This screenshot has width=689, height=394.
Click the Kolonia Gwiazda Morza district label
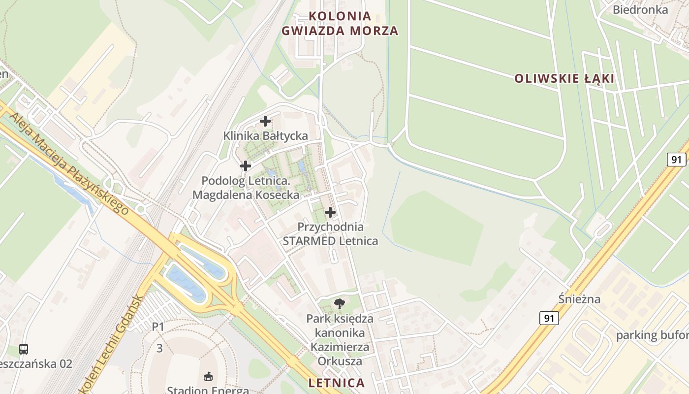tap(340, 23)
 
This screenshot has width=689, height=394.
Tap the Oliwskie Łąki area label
tap(564, 78)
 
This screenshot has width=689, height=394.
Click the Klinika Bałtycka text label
tap(266, 135)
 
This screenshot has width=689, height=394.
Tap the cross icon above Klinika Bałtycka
tap(265, 121)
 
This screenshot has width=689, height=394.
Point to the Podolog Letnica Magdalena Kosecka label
tap(246, 188)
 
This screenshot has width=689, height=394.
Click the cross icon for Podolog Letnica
tap(246, 166)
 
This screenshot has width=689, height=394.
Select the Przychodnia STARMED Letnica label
tap(330, 234)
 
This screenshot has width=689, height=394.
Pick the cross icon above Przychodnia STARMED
tap(330, 212)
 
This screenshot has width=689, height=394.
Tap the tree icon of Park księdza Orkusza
tap(339, 304)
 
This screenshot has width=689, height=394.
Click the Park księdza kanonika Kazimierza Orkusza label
tap(340, 340)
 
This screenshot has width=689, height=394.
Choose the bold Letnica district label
tap(337, 383)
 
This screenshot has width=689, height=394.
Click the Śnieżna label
tap(580, 299)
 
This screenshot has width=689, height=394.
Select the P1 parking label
tap(157, 326)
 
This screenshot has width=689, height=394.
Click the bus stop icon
tap(24, 349)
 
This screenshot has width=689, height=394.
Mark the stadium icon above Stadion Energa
tap(208, 377)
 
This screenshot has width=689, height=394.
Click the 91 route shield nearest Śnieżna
tap(549, 318)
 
